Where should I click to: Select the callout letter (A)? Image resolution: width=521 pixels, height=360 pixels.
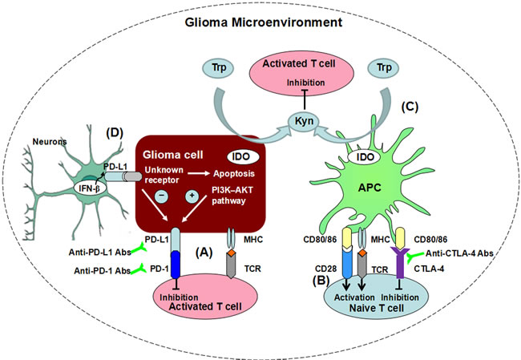[207, 253]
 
